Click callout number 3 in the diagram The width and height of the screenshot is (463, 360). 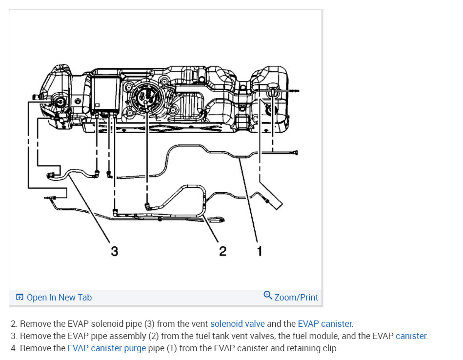[114, 251]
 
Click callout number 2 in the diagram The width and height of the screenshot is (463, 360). [222, 251]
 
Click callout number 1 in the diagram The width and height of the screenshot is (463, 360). [260, 251]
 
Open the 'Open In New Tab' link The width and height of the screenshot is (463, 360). [59, 298]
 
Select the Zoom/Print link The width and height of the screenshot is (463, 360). [296, 298]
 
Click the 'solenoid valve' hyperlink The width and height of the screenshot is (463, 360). [238, 324]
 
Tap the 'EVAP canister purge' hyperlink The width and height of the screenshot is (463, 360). [107, 348]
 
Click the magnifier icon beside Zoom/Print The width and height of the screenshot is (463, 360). [267, 296]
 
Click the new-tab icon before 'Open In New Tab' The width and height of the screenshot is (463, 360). [20, 298]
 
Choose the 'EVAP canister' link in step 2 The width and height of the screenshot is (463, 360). [324, 324]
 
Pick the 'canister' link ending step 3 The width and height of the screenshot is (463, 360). [411, 336]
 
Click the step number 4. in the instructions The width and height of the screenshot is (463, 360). [14, 348]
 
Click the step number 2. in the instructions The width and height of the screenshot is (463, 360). [14, 324]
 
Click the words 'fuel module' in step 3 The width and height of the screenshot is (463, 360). [298, 336]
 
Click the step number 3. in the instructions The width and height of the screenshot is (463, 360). [14, 336]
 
